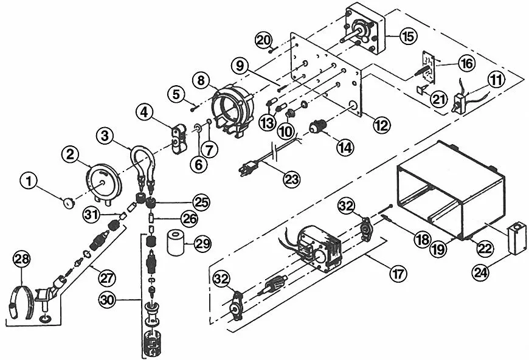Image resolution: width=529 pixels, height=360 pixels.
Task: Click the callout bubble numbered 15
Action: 409,36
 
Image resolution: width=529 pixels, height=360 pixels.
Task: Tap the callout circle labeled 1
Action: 29,181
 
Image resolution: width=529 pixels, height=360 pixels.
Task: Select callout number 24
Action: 481,272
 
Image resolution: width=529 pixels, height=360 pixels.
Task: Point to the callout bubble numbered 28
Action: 22,259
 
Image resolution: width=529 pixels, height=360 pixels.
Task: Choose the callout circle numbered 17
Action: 398,274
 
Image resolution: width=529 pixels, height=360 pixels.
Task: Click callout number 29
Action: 202,243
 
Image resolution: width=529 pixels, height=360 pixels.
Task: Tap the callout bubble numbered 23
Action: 291,179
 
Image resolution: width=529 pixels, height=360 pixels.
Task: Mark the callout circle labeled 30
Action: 107,300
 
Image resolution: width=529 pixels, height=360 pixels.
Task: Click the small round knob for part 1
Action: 69,204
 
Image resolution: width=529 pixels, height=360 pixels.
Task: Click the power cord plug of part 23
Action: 249,168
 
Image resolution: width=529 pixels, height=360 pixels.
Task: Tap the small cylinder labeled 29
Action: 176,242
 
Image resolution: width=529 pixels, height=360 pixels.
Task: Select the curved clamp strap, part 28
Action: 21,302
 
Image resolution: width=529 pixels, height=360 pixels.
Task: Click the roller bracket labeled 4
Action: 179,139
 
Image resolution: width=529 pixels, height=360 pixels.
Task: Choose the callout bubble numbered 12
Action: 382,125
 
